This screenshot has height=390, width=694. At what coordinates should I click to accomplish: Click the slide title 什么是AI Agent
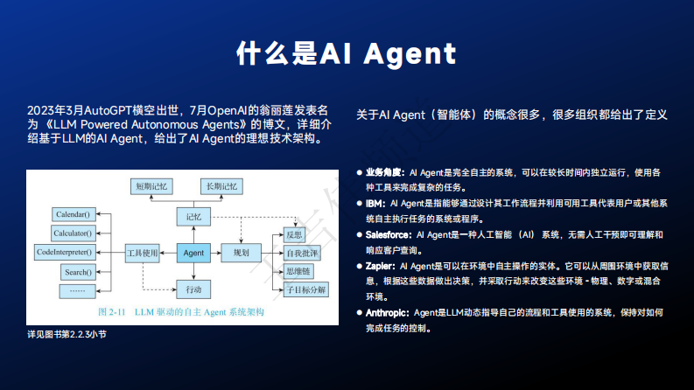[347, 53]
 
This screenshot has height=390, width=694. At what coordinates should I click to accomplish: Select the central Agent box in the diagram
[193, 253]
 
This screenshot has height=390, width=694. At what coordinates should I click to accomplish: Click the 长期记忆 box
[221, 186]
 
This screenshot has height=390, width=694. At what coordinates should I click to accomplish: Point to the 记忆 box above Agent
[193, 215]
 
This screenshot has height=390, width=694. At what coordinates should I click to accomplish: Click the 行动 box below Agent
[193, 289]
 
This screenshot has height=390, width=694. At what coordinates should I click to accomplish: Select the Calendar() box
[73, 214]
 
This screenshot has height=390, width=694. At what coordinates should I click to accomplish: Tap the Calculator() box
[73, 233]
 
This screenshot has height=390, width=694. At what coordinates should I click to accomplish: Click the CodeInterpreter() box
[64, 252]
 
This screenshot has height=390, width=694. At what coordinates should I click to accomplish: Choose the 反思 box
[293, 234]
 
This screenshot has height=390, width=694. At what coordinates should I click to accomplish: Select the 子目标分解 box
[305, 289]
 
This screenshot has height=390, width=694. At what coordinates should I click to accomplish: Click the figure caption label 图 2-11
[113, 311]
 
